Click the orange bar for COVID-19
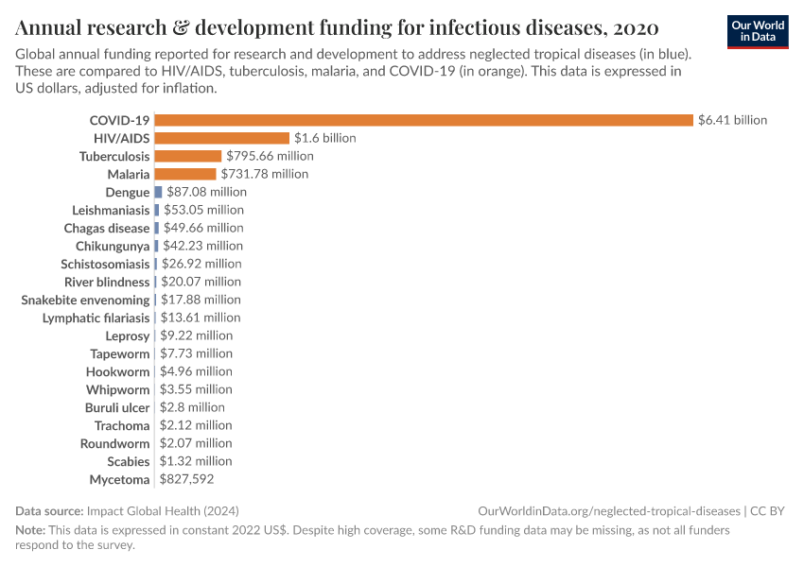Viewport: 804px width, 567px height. tap(424, 120)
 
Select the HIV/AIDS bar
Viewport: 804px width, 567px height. tap(221, 138)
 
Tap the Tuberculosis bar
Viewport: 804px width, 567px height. tap(187, 156)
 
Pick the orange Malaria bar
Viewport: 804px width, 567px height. tap(184, 174)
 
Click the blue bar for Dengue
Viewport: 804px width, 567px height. tap(158, 192)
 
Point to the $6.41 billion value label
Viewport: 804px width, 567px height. tap(732, 120)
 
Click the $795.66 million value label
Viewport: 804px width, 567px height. tap(270, 156)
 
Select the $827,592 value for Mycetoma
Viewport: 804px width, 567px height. tap(187, 480)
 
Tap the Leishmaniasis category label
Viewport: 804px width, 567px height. tap(111, 210)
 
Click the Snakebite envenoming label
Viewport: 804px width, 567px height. tap(85, 300)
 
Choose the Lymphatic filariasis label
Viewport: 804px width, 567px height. tap(96, 318)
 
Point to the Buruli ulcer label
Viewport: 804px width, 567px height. tap(116, 407)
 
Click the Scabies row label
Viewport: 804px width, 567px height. tap(128, 461)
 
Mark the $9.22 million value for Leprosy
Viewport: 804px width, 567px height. tap(196, 335)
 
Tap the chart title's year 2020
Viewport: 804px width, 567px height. tap(636, 26)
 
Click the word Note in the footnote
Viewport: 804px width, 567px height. tap(29, 530)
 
